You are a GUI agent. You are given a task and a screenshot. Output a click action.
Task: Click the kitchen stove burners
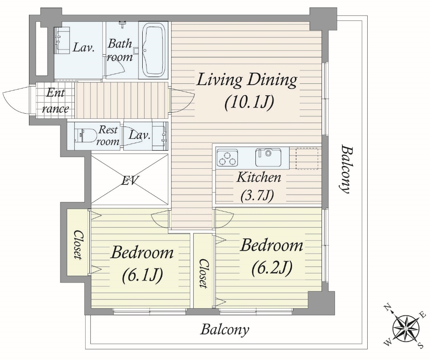(227, 158)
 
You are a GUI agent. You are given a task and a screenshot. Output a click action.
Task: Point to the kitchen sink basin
(268, 157)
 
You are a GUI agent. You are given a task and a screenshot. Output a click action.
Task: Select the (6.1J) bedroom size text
(143, 274)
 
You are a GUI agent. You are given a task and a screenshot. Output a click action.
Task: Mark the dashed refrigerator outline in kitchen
(307, 158)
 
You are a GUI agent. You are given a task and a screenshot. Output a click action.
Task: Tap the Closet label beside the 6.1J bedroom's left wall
(78, 244)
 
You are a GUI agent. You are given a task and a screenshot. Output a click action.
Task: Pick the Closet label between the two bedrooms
(203, 273)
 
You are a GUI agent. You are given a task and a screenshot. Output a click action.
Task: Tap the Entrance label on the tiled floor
(55, 101)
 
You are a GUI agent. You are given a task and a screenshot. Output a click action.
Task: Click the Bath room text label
(120, 50)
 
